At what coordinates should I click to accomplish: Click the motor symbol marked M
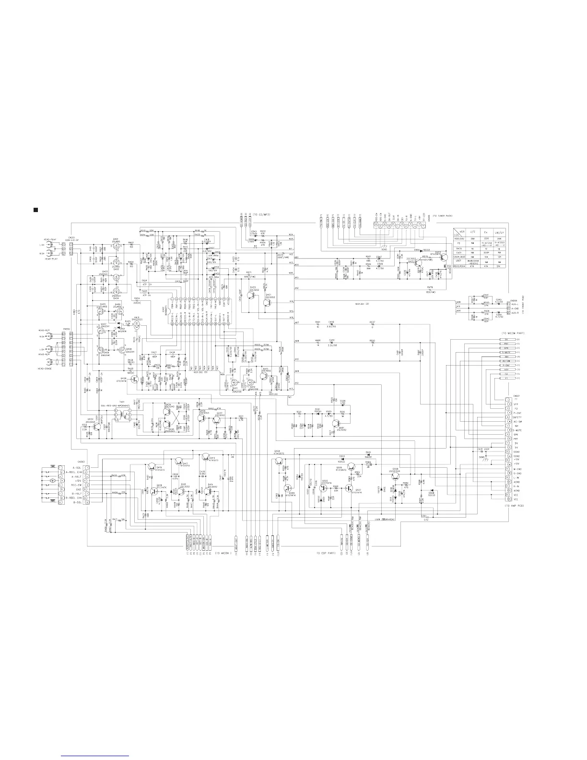[53, 480]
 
